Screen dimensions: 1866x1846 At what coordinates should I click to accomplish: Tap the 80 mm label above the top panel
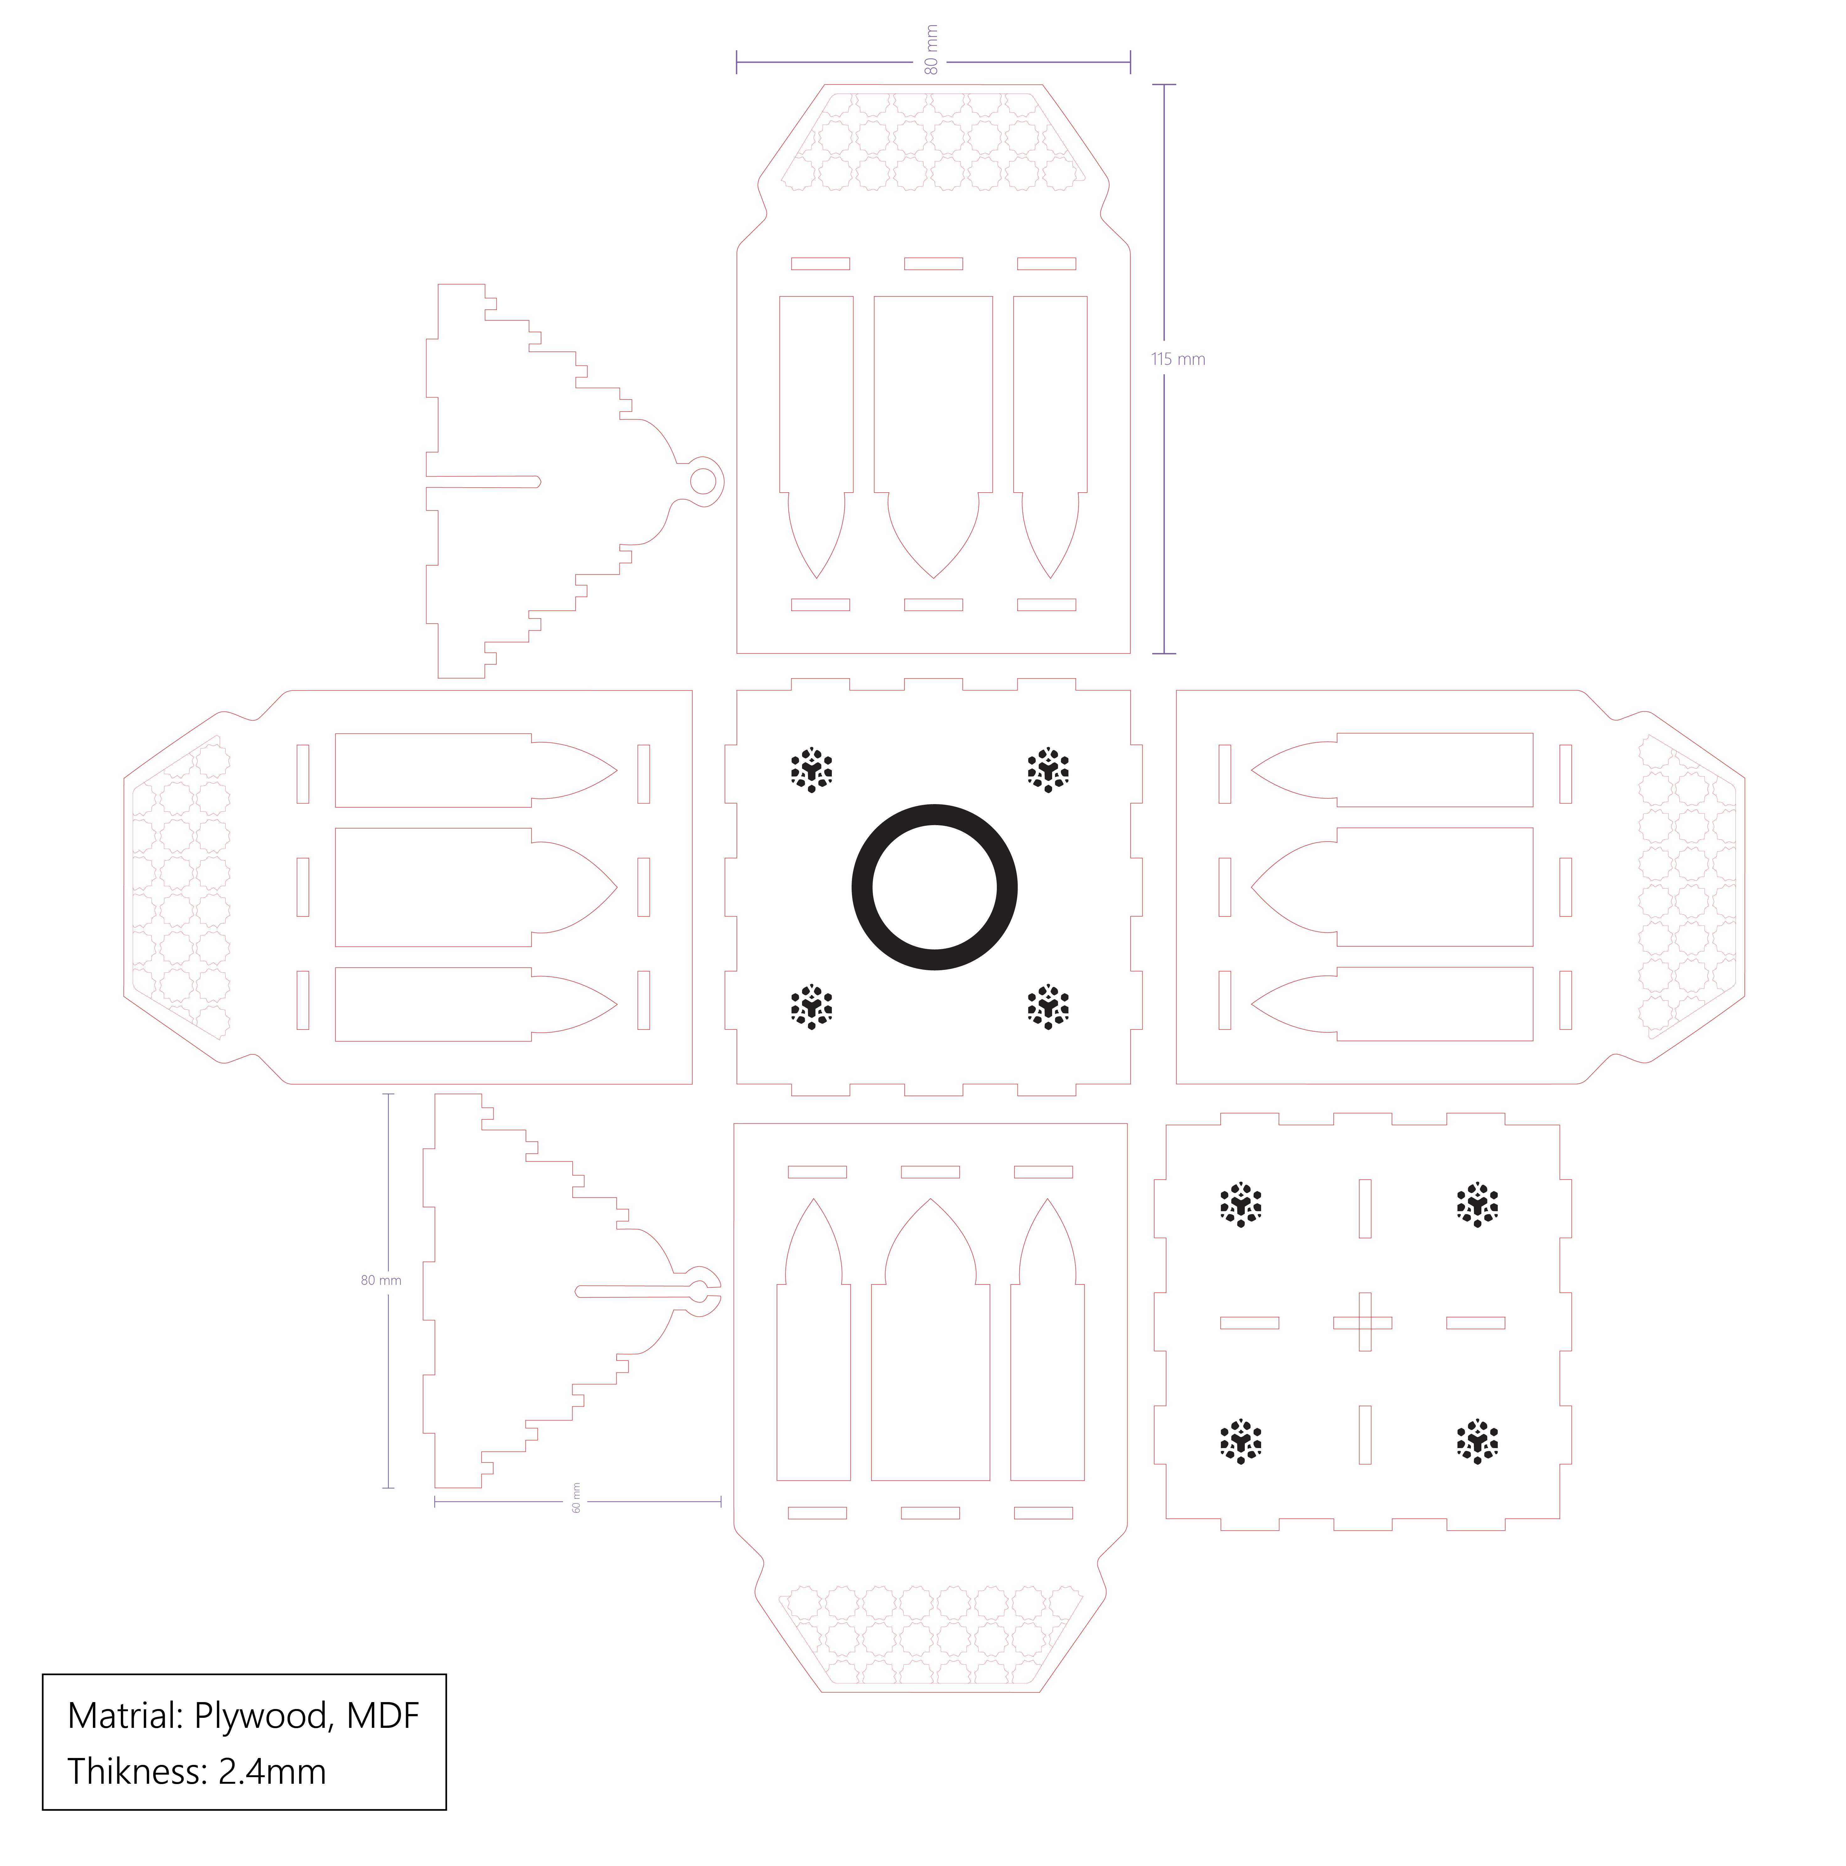click(x=931, y=50)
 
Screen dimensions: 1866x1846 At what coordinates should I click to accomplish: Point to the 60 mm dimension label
click(x=576, y=1497)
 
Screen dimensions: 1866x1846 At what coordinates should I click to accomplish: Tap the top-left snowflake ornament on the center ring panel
click(x=811, y=770)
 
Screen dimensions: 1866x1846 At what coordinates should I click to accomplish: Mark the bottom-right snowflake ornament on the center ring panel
click(x=1047, y=1007)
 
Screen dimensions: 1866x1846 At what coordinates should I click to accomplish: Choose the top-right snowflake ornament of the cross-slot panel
click(x=1476, y=1204)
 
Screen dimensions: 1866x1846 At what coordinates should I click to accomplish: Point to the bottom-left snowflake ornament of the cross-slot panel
click(x=1241, y=1442)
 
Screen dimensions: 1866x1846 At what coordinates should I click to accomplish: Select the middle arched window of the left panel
click(x=463, y=887)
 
